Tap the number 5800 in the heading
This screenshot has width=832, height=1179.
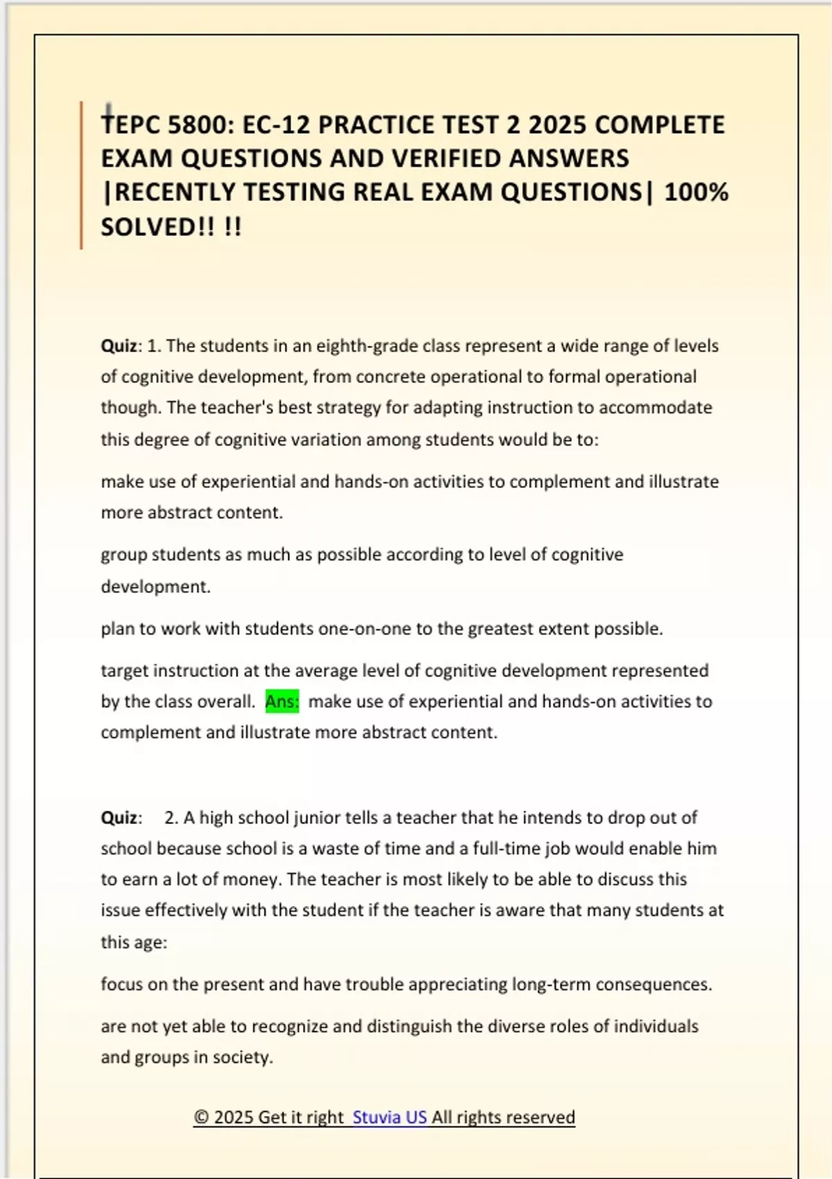click(198, 125)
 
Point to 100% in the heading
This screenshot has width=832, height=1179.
click(695, 192)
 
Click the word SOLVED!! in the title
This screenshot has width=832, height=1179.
click(158, 227)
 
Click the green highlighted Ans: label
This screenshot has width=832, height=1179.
click(281, 701)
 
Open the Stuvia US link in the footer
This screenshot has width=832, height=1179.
click(389, 1117)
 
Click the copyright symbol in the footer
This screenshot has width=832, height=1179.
click(201, 1117)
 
